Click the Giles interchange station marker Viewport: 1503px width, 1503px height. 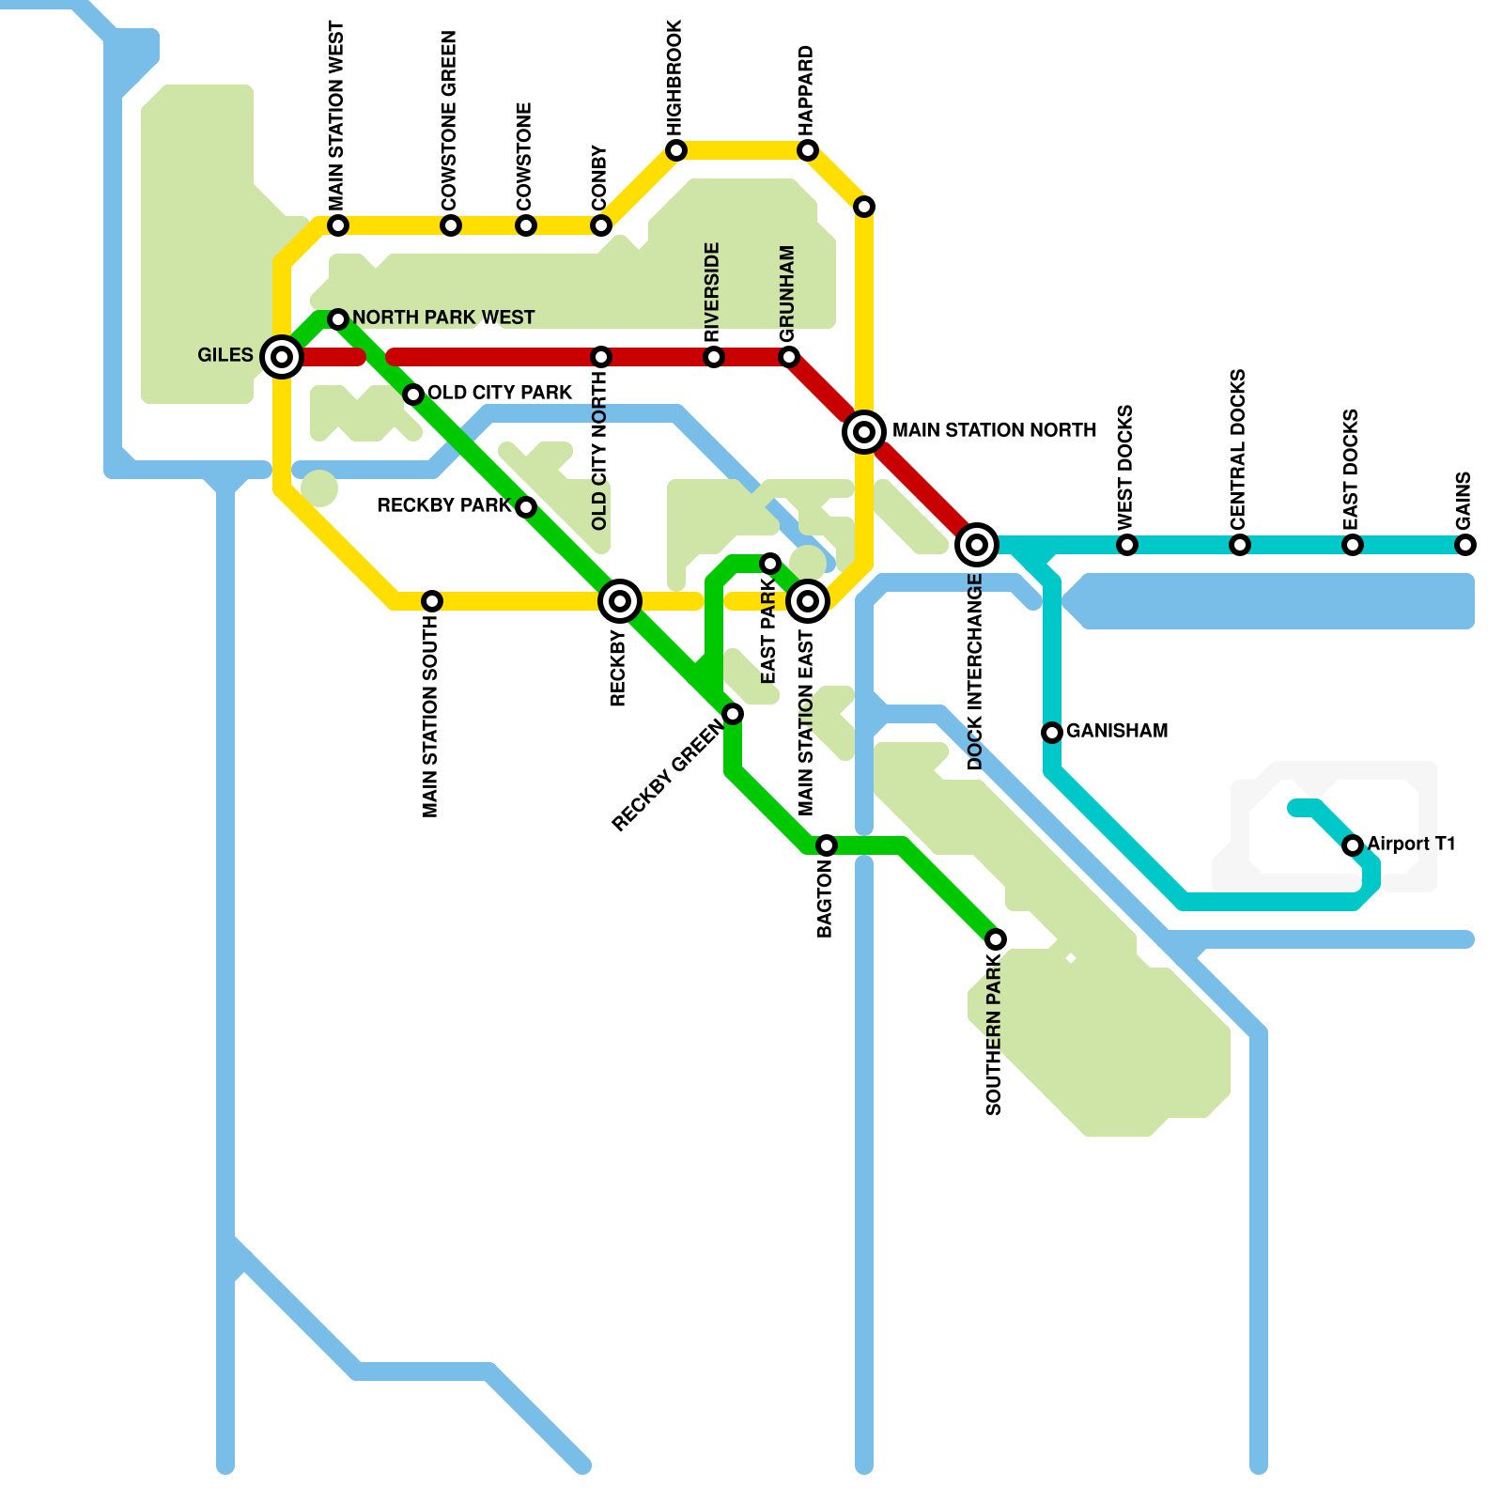[x=282, y=357]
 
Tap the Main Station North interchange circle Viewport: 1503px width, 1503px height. [x=864, y=432]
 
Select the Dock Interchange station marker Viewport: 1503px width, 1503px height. [x=977, y=544]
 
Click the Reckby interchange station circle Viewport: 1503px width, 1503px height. [x=620, y=601]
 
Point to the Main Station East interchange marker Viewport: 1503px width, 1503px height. [x=808, y=601]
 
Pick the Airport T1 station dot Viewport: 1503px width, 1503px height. [x=1353, y=845]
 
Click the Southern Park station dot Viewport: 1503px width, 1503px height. [x=996, y=939]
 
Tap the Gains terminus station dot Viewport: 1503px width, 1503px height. [x=1465, y=545]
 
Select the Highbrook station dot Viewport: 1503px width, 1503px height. [x=676, y=150]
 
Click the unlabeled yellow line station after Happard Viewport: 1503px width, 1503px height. [x=864, y=207]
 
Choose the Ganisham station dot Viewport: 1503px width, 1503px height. [x=1052, y=733]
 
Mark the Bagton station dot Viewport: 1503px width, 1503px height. [x=827, y=845]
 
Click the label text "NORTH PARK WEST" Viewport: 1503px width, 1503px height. [x=443, y=318]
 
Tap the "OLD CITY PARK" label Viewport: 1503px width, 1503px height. [x=500, y=393]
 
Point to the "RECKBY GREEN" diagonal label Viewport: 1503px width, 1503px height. [x=667, y=775]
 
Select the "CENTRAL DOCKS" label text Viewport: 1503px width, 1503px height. [x=1238, y=449]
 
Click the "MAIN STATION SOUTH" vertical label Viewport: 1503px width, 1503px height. [x=430, y=716]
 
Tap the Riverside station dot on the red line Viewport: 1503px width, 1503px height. [x=714, y=357]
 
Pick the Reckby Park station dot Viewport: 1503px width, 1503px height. [x=526, y=507]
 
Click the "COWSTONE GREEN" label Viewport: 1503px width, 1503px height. [x=449, y=120]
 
